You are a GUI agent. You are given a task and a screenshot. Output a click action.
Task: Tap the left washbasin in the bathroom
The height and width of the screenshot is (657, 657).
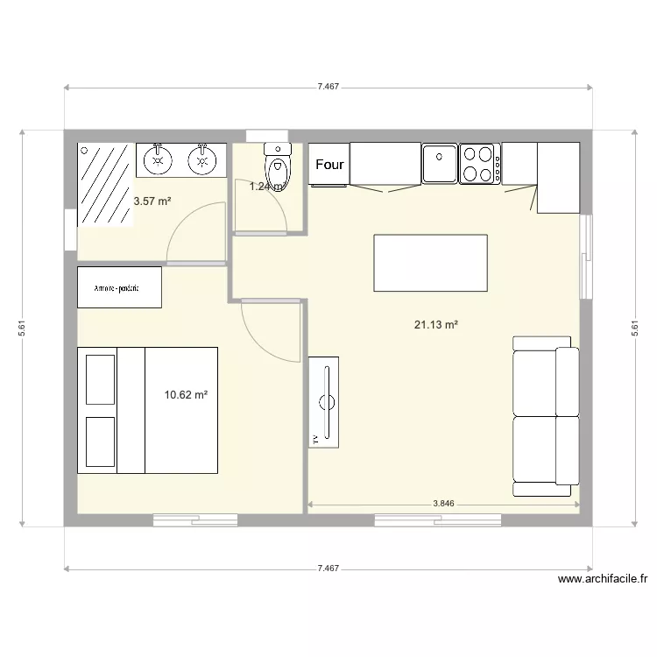pos(158,159)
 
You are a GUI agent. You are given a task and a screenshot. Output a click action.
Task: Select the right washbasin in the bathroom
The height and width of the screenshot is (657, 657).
pos(203,159)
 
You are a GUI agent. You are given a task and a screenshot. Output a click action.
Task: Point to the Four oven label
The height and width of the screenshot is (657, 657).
pos(329,164)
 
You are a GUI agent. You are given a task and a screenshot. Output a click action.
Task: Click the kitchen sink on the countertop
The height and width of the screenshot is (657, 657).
pos(440,163)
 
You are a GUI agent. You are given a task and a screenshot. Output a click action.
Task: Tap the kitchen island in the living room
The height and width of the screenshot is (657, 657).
pos(430,262)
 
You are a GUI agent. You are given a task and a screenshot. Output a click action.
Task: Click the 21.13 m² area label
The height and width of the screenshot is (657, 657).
pos(436,324)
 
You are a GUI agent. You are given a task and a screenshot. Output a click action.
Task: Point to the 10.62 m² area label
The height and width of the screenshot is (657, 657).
pos(186,395)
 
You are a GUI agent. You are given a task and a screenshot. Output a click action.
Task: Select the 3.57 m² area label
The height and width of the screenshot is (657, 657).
pos(152,201)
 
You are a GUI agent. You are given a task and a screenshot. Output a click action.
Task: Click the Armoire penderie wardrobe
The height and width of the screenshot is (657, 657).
pos(119,287)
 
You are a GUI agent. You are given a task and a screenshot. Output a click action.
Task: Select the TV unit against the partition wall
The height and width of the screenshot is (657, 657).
pos(323,402)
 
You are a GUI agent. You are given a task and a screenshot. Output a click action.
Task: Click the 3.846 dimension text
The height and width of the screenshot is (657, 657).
pos(444,505)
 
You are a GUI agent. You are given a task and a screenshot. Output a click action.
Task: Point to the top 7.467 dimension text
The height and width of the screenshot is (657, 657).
pos(328,87)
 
